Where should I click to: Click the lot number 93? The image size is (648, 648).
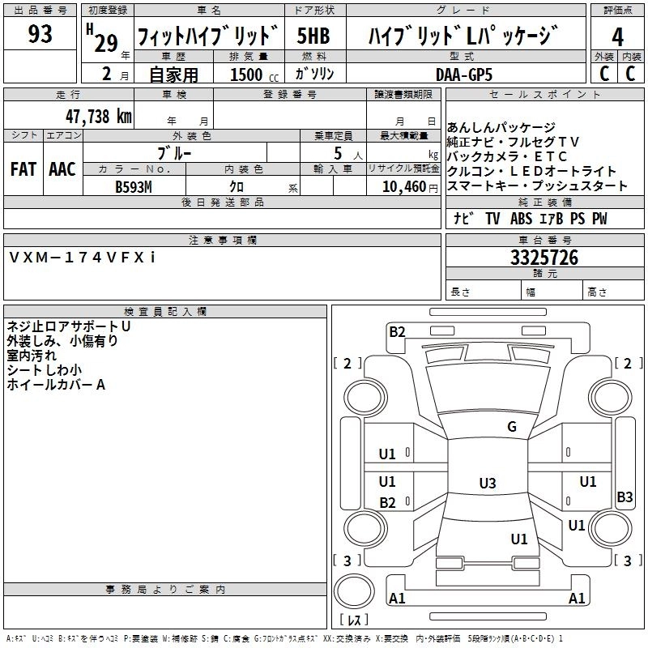pos(40,34)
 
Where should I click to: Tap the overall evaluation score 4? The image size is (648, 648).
pos(618,36)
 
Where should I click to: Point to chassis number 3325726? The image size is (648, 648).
pos(544,258)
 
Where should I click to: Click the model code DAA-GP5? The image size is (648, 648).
pos(463,73)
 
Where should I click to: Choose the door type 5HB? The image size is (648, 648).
pos(313,36)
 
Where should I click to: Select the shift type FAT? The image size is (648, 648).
pos(23,169)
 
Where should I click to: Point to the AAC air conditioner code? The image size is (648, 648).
pos(62,169)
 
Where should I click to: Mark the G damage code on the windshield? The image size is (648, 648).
pos(511,427)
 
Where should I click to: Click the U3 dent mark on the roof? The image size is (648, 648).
pos(487,484)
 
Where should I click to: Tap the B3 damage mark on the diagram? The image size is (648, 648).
pos(625,497)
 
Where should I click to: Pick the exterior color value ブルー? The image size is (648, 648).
pos(175,152)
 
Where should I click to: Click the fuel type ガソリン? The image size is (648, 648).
pos(314,74)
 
